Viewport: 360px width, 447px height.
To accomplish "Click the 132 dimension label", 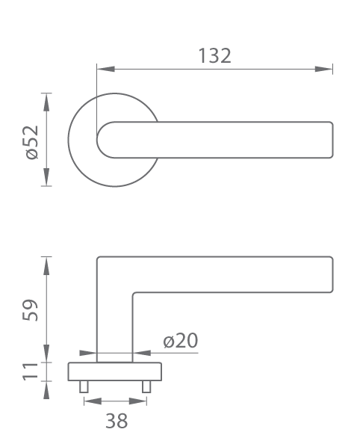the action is [x=214, y=56].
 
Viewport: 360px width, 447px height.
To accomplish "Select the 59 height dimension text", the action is [x=30, y=310].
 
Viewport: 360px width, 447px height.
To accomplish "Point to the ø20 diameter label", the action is [x=181, y=340].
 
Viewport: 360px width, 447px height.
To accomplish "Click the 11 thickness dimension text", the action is [x=30, y=372].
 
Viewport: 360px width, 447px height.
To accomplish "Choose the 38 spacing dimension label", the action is [x=117, y=421].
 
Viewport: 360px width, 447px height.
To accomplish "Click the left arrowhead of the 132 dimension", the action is [x=105, y=69].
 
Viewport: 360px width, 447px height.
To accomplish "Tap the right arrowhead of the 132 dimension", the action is [x=324, y=69].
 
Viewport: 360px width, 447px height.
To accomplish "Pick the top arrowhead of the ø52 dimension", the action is [x=46, y=102].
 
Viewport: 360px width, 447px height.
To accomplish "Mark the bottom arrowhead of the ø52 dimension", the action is [x=46, y=177].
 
